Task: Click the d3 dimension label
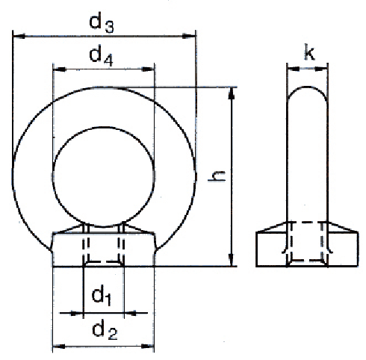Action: click(102, 25)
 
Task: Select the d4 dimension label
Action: click(101, 56)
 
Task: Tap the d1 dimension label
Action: click(102, 297)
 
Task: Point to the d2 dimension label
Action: click(105, 331)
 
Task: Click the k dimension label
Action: click(309, 52)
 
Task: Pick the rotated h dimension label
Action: click(217, 176)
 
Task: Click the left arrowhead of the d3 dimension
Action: click(19, 37)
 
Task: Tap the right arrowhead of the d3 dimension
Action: click(189, 37)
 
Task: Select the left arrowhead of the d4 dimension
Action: click(60, 69)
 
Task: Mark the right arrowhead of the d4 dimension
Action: click(148, 69)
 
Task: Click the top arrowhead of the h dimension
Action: click(232, 93)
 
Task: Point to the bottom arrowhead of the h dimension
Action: click(232, 260)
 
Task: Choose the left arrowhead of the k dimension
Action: click(294, 69)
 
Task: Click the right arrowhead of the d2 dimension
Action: click(148, 347)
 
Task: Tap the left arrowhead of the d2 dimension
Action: click(59, 347)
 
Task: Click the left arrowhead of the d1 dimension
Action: click(77, 313)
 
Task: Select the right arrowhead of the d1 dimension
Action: click(131, 313)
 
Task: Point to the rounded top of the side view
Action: click(308, 87)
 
